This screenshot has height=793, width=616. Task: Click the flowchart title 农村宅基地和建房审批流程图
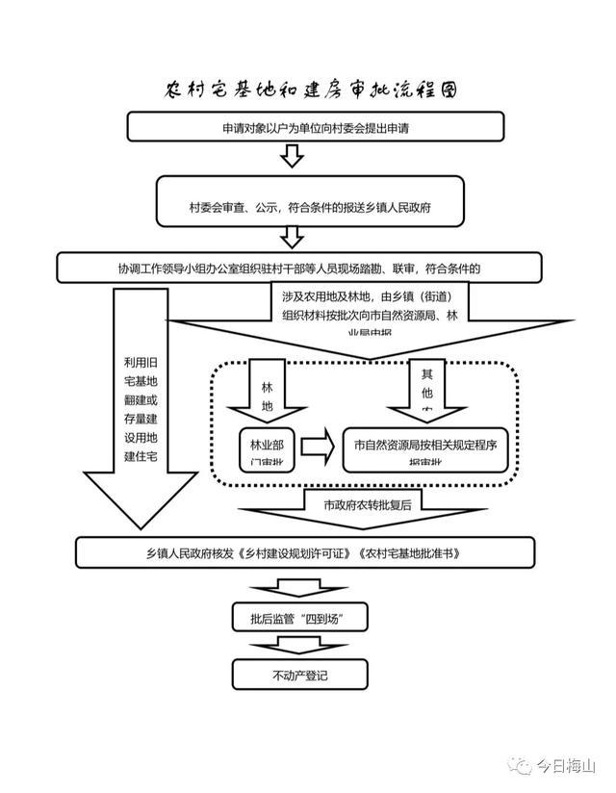pos(309,90)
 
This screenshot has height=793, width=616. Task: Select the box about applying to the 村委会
pos(316,126)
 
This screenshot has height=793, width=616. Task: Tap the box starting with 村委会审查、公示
pos(316,206)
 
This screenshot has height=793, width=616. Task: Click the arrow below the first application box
pos(293,155)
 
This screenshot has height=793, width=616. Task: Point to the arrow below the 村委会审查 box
pos(293,237)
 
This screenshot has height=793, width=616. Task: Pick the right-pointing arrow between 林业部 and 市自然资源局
pos(317,447)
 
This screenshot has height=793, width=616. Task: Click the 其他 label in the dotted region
pos(427,385)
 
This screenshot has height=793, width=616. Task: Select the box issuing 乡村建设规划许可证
pos(305,552)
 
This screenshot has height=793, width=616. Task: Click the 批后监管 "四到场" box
pos(301,616)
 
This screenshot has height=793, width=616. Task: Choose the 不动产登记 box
pos(300,675)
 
